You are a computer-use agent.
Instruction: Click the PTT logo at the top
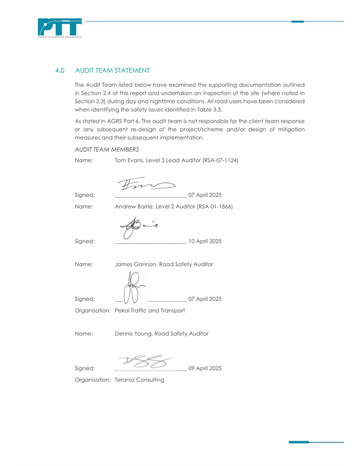click(x=60, y=28)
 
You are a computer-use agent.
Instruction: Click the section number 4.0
click(x=60, y=71)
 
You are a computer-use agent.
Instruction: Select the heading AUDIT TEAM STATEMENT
click(x=112, y=71)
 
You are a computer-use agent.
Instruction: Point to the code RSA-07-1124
click(x=220, y=160)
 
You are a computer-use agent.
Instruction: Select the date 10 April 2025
click(x=205, y=241)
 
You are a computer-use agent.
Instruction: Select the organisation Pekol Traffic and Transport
click(x=150, y=311)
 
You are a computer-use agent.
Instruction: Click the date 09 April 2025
click(x=205, y=368)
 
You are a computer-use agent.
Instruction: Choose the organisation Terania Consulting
click(x=140, y=380)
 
